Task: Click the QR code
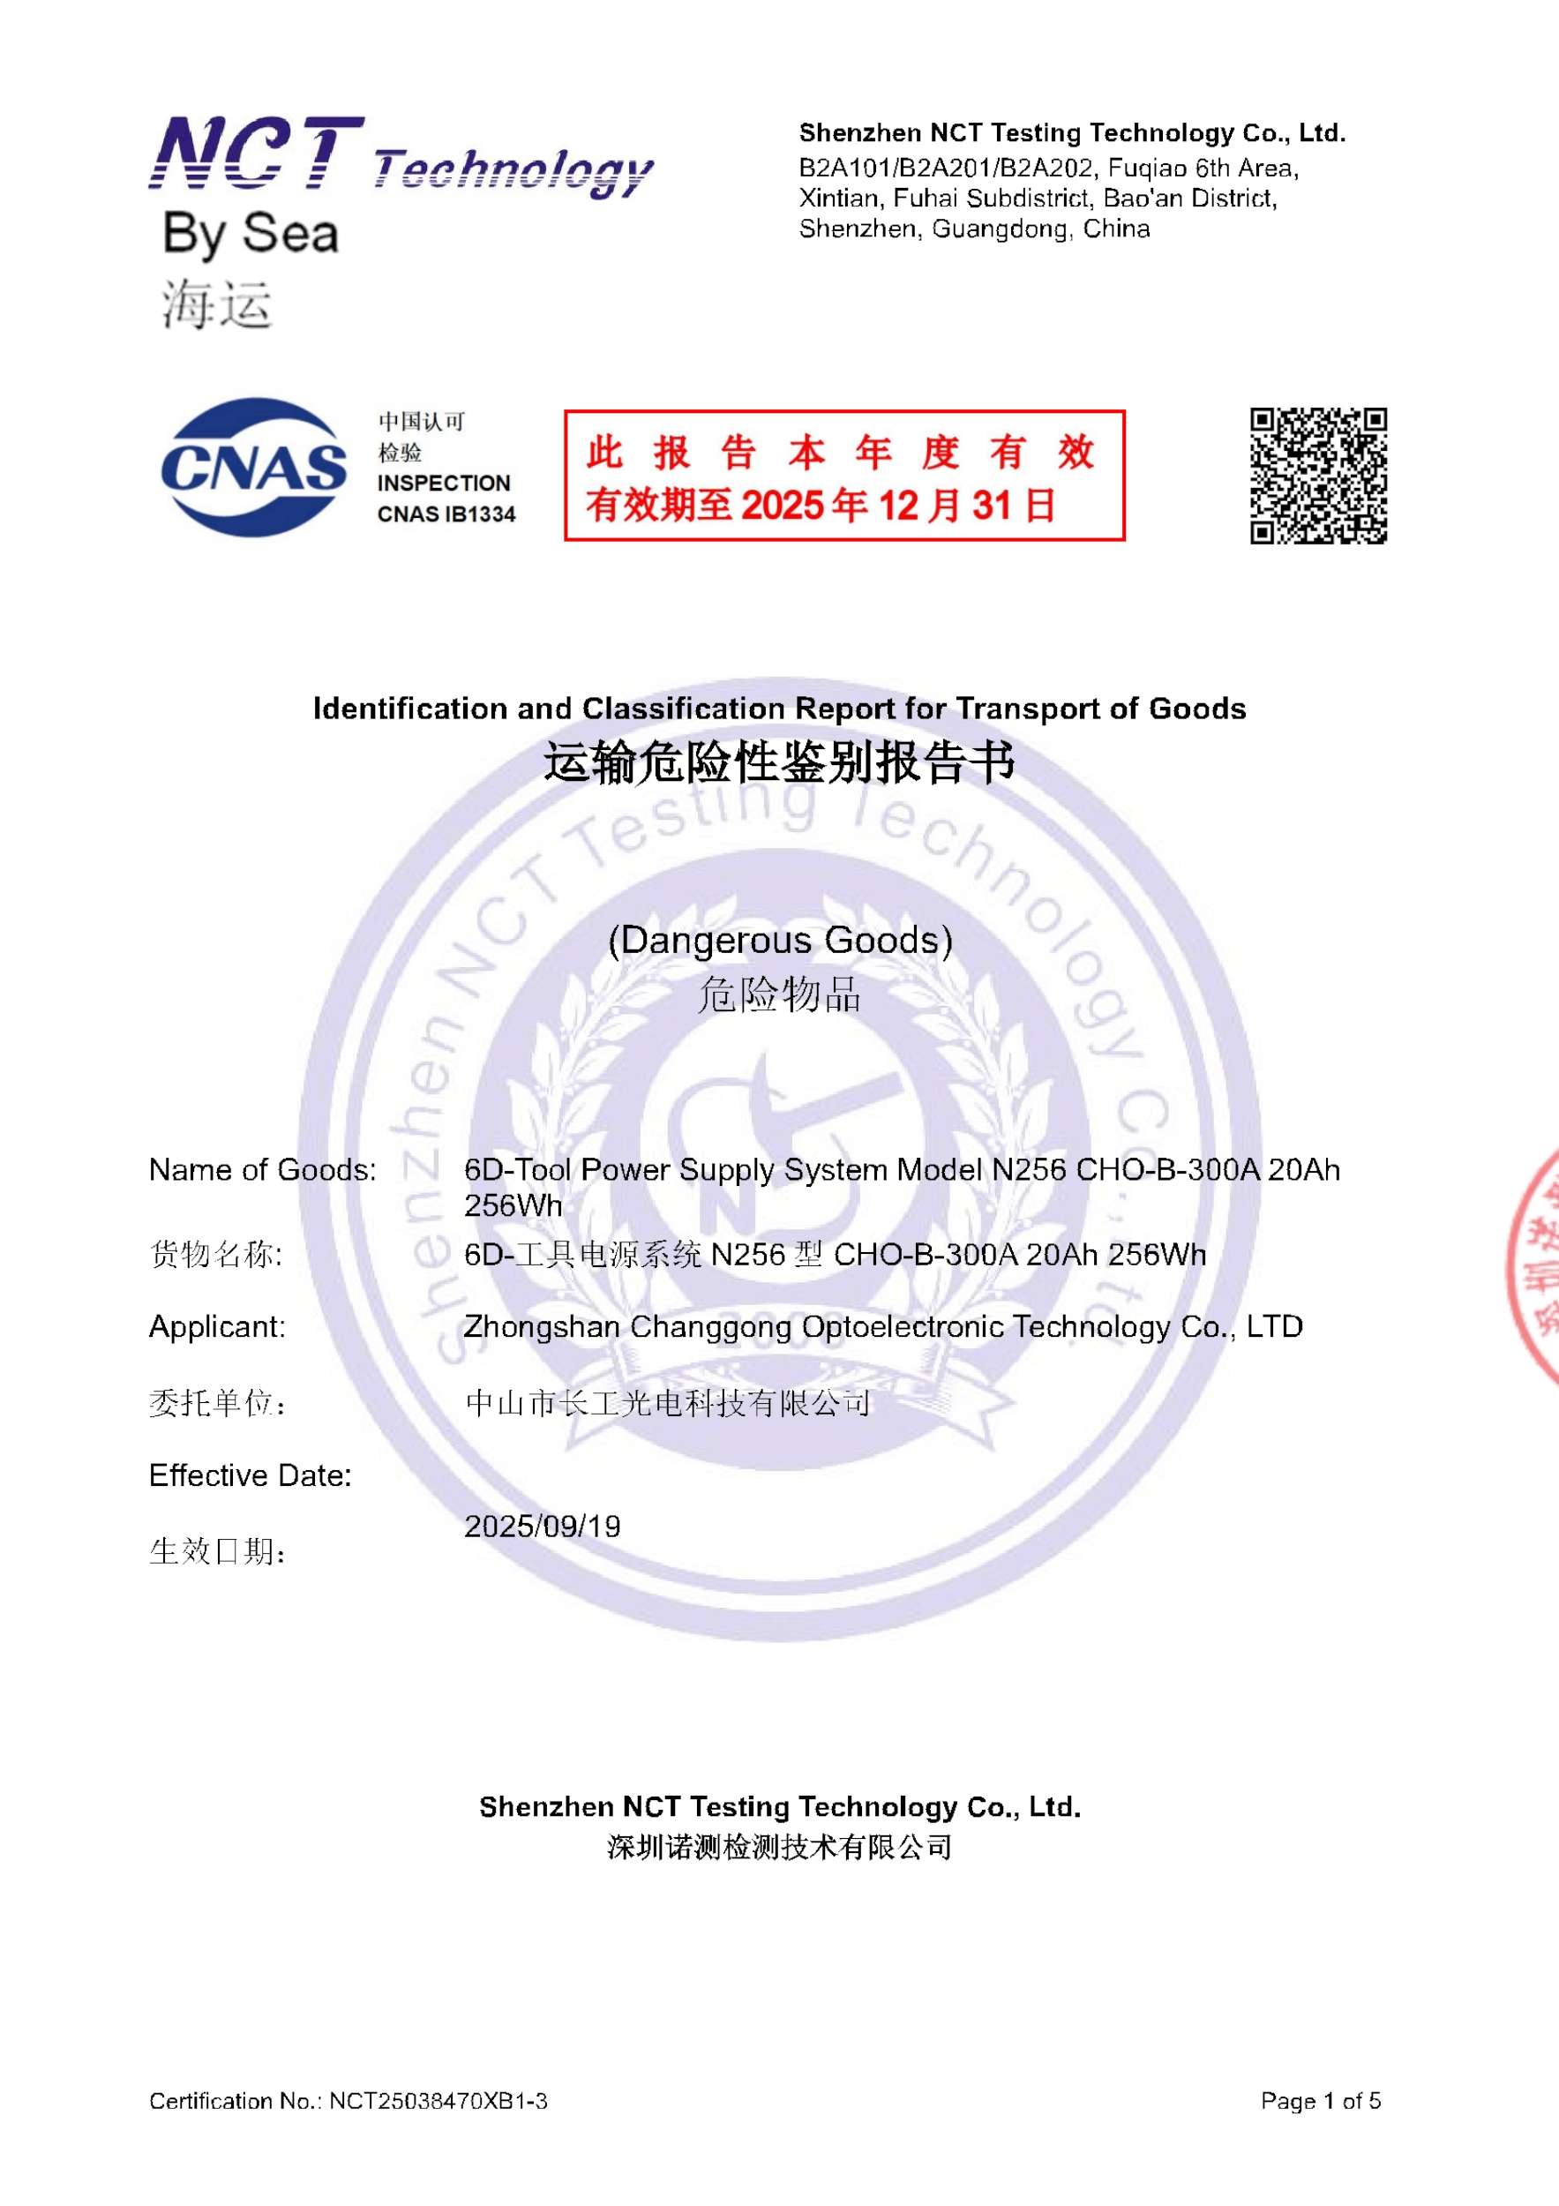point(1318,476)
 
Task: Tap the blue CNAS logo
point(253,467)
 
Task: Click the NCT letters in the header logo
point(256,153)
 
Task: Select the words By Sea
point(251,235)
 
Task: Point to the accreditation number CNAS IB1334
point(446,515)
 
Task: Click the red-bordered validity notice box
point(843,476)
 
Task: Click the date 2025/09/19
point(542,1527)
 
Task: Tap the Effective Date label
point(250,1475)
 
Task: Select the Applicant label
point(217,1327)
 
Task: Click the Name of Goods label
point(262,1170)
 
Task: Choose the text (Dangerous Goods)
point(779,940)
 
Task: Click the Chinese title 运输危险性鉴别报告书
point(779,764)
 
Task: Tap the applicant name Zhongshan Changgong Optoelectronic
point(883,1327)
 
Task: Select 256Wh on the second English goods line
point(513,1206)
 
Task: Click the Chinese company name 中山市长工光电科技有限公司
point(668,1404)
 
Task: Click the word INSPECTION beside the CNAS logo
point(443,484)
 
